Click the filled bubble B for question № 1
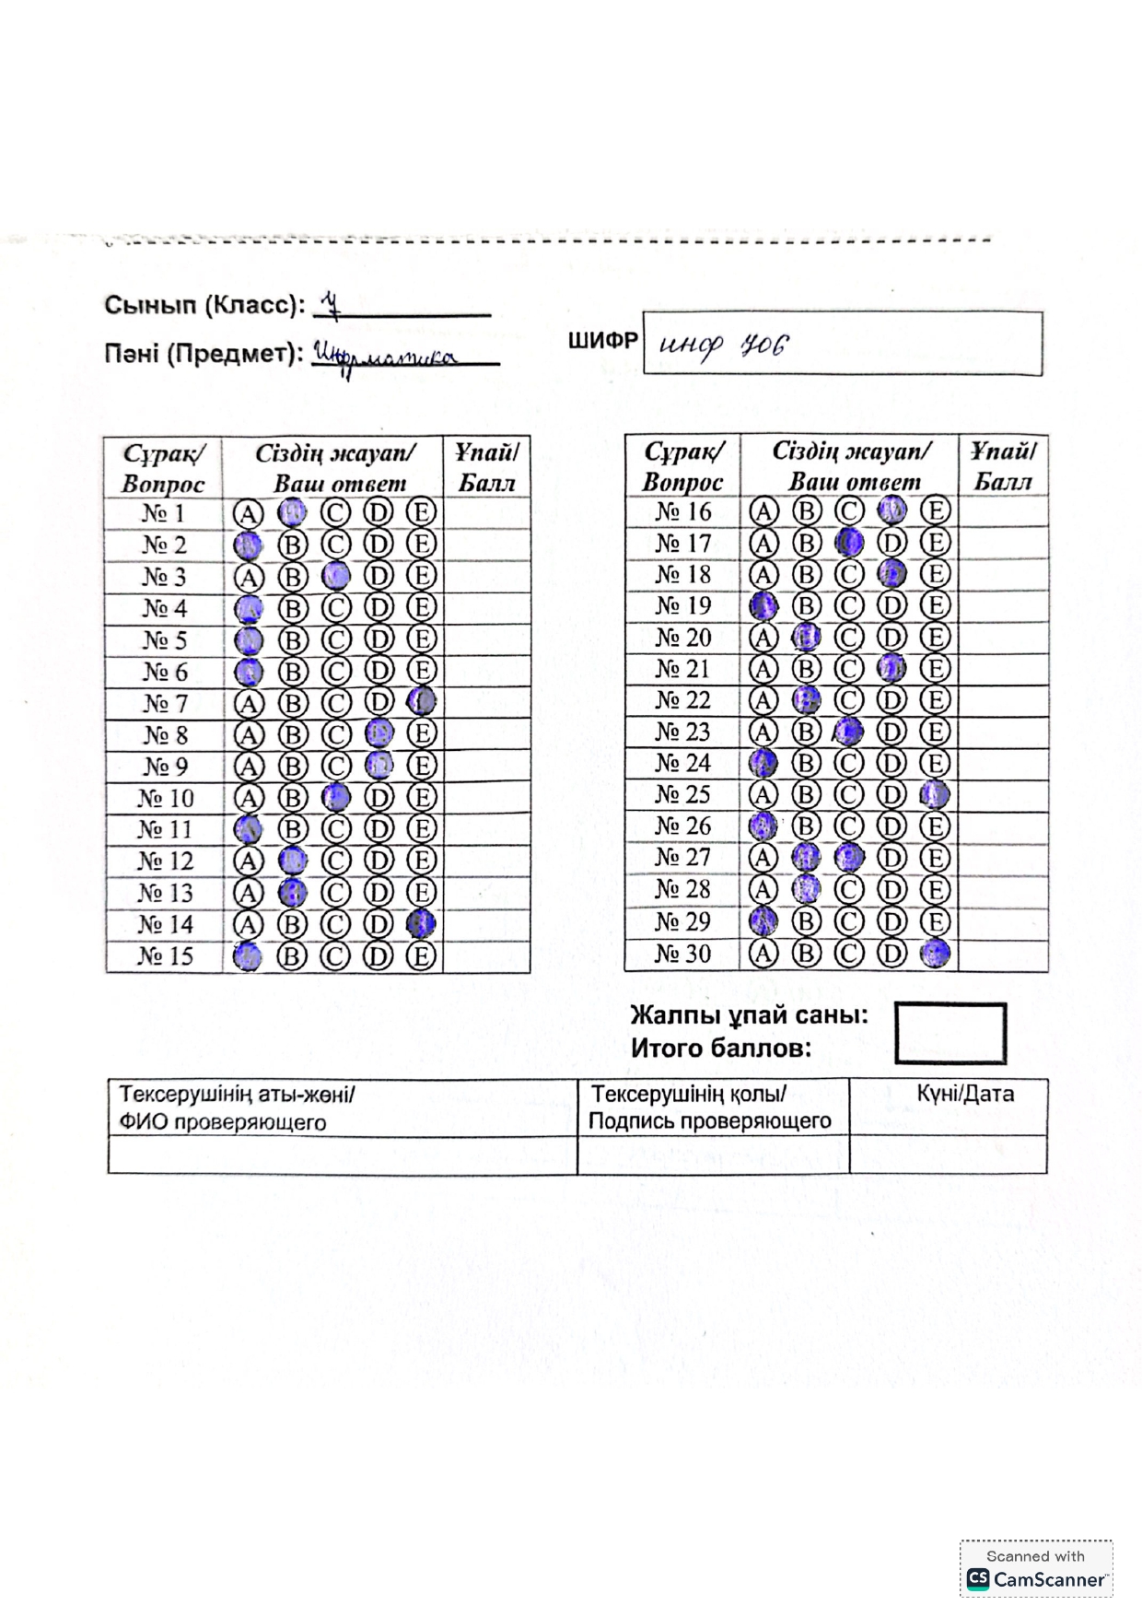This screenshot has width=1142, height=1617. pyautogui.click(x=292, y=512)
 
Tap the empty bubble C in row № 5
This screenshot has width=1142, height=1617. pyautogui.click(x=335, y=639)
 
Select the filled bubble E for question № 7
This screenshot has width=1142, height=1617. pyautogui.click(x=422, y=702)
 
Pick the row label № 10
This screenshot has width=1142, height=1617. pyautogui.click(x=166, y=798)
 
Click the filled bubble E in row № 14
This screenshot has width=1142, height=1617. pyautogui.click(x=422, y=923)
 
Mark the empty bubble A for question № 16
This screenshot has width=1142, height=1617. pyautogui.click(x=763, y=511)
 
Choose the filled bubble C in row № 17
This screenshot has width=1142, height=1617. pyautogui.click(x=849, y=543)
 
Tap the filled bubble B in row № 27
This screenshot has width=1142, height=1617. pyautogui.click(x=806, y=858)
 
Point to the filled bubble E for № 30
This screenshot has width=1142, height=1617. pyautogui.click(x=935, y=953)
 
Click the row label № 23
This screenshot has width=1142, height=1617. pyautogui.click(x=682, y=732)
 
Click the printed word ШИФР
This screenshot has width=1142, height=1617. pyautogui.click(x=602, y=341)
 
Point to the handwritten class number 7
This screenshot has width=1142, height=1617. pyautogui.click(x=331, y=305)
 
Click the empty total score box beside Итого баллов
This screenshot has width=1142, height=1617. pyautogui.click(x=950, y=1034)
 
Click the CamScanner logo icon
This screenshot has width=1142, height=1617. pyautogui.click(x=977, y=1579)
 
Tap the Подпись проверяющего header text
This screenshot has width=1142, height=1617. pyautogui.click(x=710, y=1121)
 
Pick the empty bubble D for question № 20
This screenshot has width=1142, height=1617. pyautogui.click(x=891, y=638)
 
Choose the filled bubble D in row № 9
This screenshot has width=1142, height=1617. pyautogui.click(x=379, y=766)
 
